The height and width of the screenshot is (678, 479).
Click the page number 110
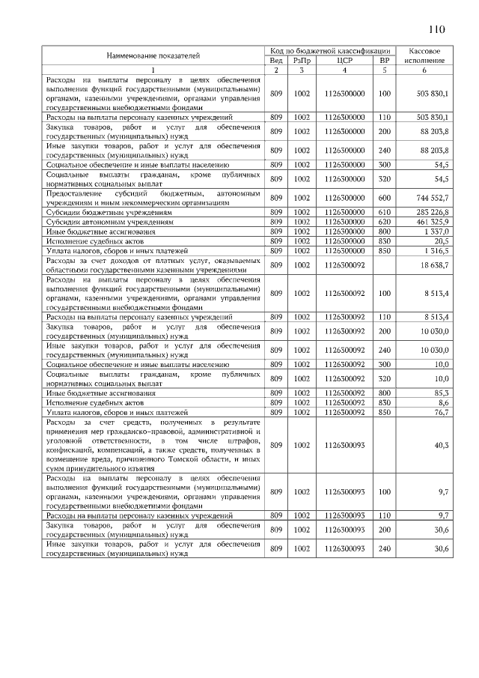coord(436,30)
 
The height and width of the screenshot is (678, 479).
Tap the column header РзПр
coord(301,59)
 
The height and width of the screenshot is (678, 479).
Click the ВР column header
coord(385,59)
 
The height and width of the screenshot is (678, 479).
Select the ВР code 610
coord(385,213)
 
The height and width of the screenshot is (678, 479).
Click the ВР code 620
coord(385,223)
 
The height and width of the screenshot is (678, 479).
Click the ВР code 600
coord(385,199)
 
